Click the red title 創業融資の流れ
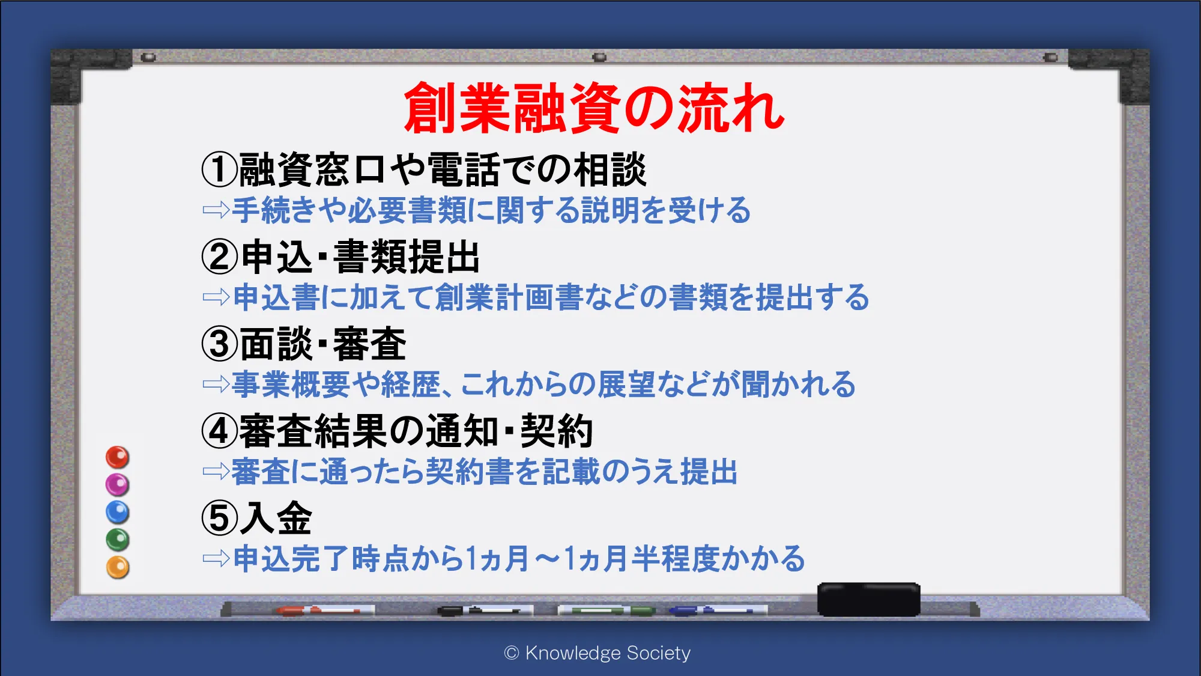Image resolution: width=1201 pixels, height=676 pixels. [x=594, y=108]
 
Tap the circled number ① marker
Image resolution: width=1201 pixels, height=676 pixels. [x=220, y=169]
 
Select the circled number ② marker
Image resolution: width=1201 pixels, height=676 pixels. [x=220, y=257]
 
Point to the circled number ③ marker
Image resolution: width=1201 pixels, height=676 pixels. [x=220, y=344]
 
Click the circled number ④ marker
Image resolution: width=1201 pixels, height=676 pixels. [x=220, y=431]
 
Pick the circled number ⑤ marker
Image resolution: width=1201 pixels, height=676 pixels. [x=220, y=518]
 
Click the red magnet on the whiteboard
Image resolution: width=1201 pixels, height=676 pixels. [x=118, y=457]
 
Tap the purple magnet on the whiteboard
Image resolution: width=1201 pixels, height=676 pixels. [x=118, y=484]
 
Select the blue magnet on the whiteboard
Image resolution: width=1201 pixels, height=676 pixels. [x=118, y=512]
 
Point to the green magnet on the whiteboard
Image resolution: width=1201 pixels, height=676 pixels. [x=118, y=540]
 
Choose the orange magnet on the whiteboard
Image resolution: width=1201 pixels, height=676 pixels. [x=118, y=567]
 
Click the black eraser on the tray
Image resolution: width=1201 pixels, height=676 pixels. [x=868, y=599]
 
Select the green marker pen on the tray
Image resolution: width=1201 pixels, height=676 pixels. [x=607, y=611]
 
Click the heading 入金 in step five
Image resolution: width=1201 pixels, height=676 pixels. [x=276, y=518]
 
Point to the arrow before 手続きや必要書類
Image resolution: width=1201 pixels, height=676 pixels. [x=216, y=210]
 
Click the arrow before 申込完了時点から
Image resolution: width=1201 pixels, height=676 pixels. [x=216, y=559]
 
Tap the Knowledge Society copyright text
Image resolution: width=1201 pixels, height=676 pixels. [x=597, y=653]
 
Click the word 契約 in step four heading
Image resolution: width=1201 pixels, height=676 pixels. [x=557, y=431]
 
